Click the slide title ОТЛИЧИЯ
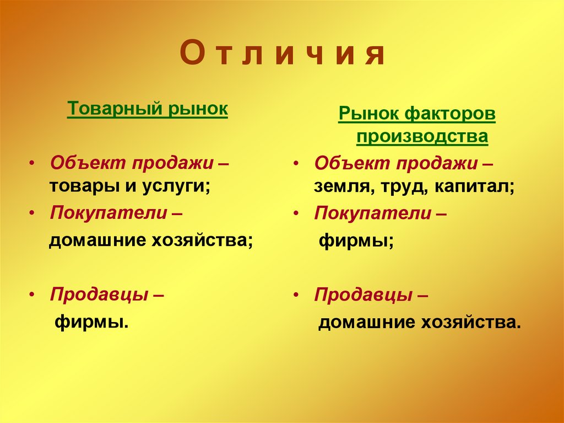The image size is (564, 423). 281,55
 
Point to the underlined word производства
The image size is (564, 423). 422,137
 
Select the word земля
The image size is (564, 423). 340,187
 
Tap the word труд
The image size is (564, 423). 402,187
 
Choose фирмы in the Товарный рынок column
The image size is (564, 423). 91,322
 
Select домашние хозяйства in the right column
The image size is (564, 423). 419,322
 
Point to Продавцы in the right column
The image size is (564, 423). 364,295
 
